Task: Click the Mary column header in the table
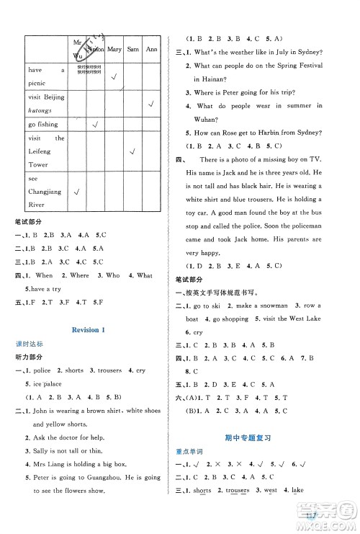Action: click(114, 49)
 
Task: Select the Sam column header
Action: click(132, 49)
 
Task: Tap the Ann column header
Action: click(152, 49)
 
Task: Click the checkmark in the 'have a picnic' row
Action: click(114, 76)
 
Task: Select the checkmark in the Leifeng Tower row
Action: click(132, 151)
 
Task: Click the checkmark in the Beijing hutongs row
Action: click(152, 104)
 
